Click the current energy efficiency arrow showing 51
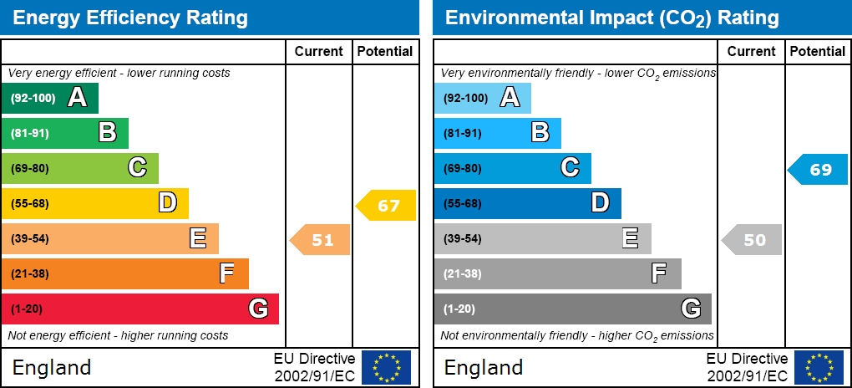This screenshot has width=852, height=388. [x=321, y=240]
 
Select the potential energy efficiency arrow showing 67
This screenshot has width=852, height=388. [x=387, y=206]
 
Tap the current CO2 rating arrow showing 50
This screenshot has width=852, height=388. [x=753, y=240]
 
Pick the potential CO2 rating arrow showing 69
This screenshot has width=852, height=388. [x=819, y=170]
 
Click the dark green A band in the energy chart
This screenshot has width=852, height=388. [x=50, y=98]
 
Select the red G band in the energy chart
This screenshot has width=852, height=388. [x=139, y=309]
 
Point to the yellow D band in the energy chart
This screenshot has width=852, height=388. [x=94, y=203]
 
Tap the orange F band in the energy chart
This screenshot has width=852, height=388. [x=124, y=273]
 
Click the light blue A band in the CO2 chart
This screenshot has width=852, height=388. [x=482, y=98]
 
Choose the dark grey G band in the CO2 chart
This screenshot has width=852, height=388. [x=572, y=309]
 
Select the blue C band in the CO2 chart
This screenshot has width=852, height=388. [x=512, y=168]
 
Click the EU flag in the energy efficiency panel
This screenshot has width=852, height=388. [x=386, y=367]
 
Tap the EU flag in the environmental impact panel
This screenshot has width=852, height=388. [x=818, y=367]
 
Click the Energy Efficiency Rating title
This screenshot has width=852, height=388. [x=130, y=18]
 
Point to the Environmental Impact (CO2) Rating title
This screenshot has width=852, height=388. [x=611, y=18]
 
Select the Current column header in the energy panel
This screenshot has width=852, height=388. [x=319, y=51]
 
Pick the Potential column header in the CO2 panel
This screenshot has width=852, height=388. [x=817, y=51]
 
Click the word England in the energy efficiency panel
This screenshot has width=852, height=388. [x=52, y=367]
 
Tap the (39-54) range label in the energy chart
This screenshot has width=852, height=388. [x=30, y=238]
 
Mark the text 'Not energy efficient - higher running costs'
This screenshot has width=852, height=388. [x=118, y=335]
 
